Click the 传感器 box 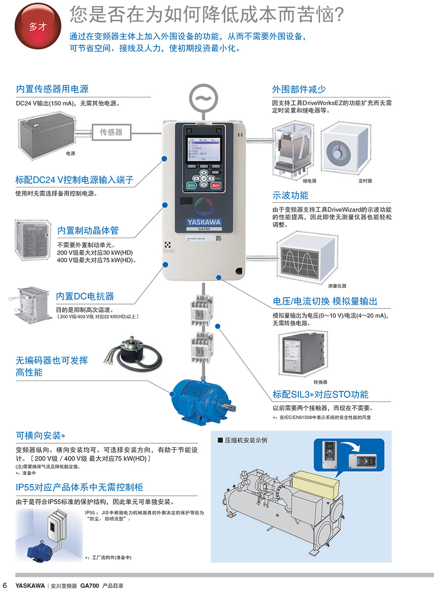pos(111,132)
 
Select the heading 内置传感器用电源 pos(52,89)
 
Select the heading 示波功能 pos(290,195)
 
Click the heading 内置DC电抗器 pos(85,296)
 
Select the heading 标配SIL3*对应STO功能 pos(321,394)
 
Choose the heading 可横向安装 pos(40,436)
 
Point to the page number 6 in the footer pos(5,586)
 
